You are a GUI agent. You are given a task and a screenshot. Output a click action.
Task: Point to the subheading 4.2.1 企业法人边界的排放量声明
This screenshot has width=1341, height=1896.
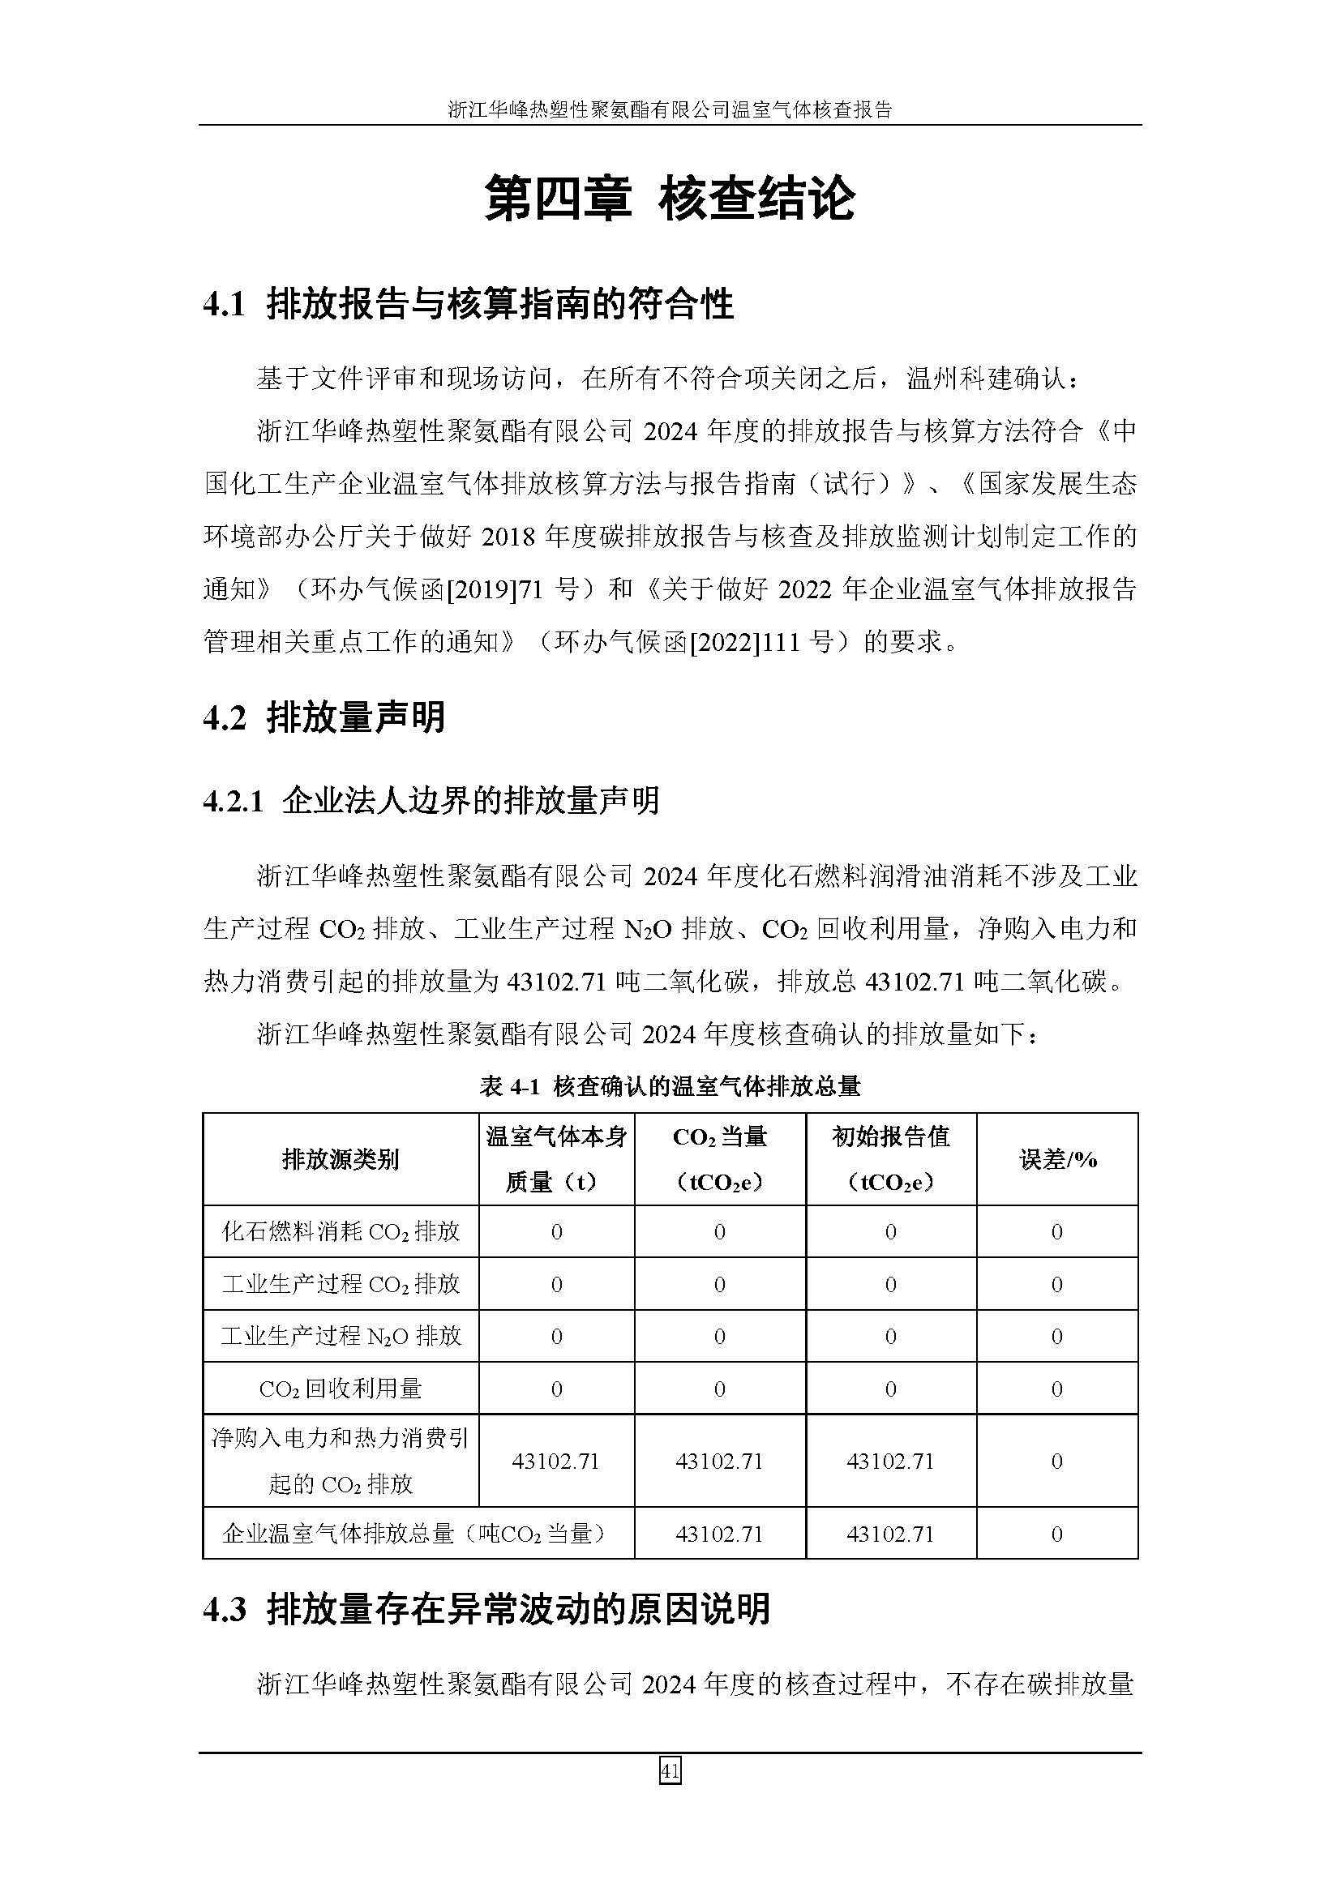[x=431, y=801]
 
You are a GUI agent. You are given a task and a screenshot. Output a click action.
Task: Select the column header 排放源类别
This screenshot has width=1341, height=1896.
[x=341, y=1159]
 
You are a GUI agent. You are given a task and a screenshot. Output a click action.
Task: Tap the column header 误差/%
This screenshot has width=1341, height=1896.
[x=1057, y=1159]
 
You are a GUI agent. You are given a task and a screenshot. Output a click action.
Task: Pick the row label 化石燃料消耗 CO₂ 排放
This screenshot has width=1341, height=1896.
[x=341, y=1232]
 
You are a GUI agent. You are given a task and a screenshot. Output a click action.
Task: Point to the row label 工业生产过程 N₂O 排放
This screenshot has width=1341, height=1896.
[x=341, y=1336]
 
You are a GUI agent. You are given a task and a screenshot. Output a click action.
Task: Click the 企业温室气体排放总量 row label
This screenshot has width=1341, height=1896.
[x=418, y=1534]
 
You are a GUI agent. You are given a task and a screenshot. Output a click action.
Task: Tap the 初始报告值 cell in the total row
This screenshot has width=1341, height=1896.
[x=890, y=1534]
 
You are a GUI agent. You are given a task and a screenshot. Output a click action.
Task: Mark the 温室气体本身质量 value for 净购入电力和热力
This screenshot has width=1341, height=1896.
[x=555, y=1461]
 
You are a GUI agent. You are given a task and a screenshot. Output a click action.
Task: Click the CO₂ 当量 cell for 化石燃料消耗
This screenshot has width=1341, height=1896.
[x=719, y=1232]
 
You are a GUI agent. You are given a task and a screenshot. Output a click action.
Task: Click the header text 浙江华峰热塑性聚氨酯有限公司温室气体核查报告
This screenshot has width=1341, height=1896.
[x=670, y=109]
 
